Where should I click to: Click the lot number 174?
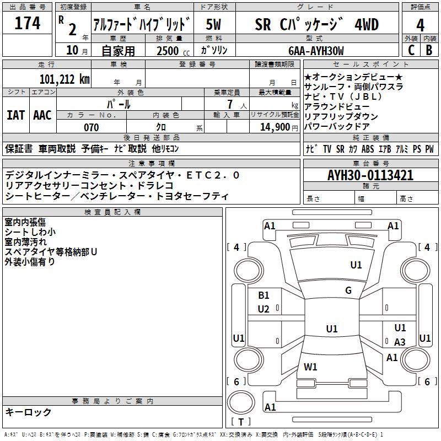coord(28,24)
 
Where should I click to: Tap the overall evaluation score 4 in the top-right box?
coord(420,25)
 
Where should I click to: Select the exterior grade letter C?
coord(411,50)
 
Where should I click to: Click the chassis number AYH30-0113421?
coord(370,175)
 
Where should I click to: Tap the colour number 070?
coord(92,127)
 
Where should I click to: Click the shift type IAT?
coord(16,115)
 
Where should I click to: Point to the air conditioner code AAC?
coord(42,115)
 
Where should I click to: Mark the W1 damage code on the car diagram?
coord(310,367)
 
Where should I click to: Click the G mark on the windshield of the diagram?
coord(348,291)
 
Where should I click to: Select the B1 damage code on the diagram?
coord(263,295)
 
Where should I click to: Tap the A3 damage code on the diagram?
coord(400,342)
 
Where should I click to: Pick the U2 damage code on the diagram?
coord(263,309)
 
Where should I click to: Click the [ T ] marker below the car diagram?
coord(241,422)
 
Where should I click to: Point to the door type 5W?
coord(214,25)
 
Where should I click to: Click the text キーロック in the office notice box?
coord(29,412)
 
